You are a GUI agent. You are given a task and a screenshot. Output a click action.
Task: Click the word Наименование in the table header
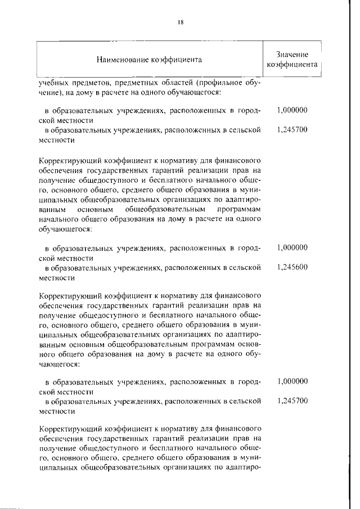tap(122, 59)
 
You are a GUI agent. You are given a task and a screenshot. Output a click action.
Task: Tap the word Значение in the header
tap(292, 54)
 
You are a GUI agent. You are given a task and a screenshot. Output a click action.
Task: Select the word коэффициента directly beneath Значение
tap(292, 64)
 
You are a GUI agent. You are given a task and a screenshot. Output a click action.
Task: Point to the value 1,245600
tap(292, 267)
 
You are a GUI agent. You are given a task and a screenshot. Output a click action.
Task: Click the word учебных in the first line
tap(53, 82)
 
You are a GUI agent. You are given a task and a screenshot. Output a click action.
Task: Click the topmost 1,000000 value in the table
tap(292, 110)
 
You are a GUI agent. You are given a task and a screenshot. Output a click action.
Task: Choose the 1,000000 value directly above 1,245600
tap(292, 247)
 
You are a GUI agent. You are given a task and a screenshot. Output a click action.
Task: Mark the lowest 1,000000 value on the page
tap(292, 381)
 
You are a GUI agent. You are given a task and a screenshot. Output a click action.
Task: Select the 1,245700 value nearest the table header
tap(292, 129)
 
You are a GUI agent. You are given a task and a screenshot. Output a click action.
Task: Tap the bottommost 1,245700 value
tap(292, 401)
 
